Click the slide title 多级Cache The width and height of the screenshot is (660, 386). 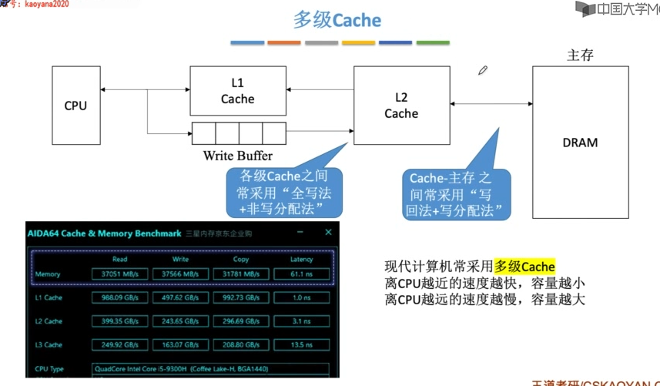pyautogui.click(x=337, y=19)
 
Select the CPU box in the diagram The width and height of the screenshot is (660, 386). pyautogui.click(x=75, y=106)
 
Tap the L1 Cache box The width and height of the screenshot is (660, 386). pyautogui.click(x=237, y=91)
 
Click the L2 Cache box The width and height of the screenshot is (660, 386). pyautogui.click(x=400, y=106)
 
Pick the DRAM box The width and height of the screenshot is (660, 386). pyautogui.click(x=579, y=143)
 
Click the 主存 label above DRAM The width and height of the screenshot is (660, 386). pyautogui.click(x=580, y=55)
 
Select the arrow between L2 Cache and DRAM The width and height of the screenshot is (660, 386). pyautogui.click(x=491, y=103)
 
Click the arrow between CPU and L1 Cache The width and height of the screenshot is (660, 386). pyautogui.click(x=145, y=91)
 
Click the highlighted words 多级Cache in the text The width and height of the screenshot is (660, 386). pyautogui.click(x=524, y=267)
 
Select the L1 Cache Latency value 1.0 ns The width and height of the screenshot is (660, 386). pyautogui.click(x=301, y=297)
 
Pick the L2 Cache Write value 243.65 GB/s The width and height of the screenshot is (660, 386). pyautogui.click(x=180, y=321)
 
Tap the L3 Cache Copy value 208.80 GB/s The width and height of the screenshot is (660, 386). pyautogui.click(x=240, y=344)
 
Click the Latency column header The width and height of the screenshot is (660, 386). pyautogui.click(x=301, y=260)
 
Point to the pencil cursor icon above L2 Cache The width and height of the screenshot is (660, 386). pyautogui.click(x=483, y=71)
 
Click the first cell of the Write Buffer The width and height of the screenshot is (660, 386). pyautogui.click(x=203, y=133)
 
